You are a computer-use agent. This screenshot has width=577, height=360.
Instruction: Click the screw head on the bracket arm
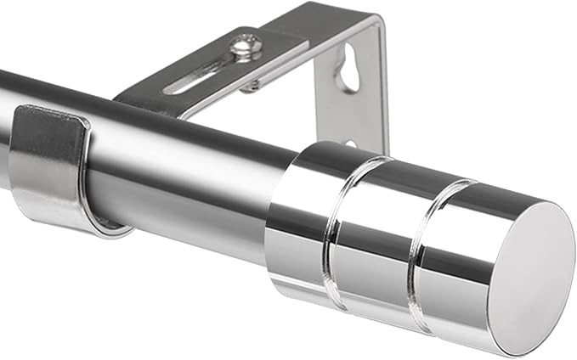246,44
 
